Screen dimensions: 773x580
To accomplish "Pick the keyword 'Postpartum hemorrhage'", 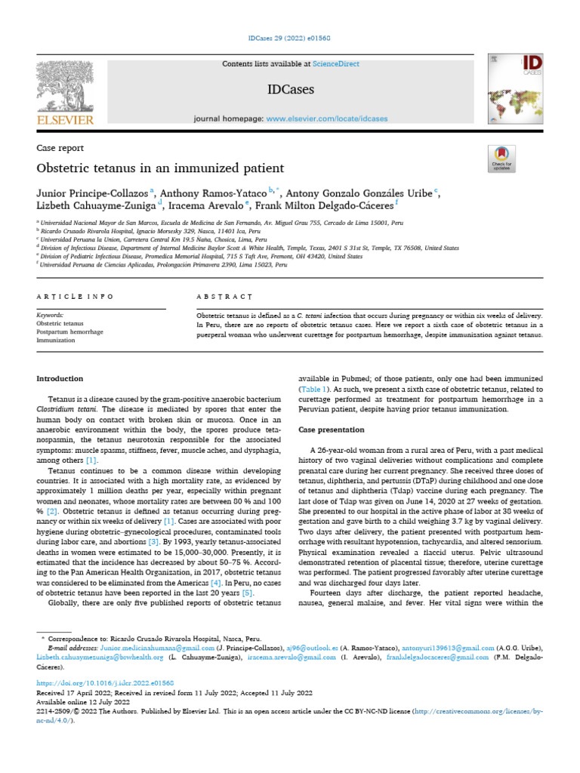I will tap(70, 331).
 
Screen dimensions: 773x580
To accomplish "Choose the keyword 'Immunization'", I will tap(57, 340).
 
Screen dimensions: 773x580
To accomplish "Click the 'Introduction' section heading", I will tap(60, 378).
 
